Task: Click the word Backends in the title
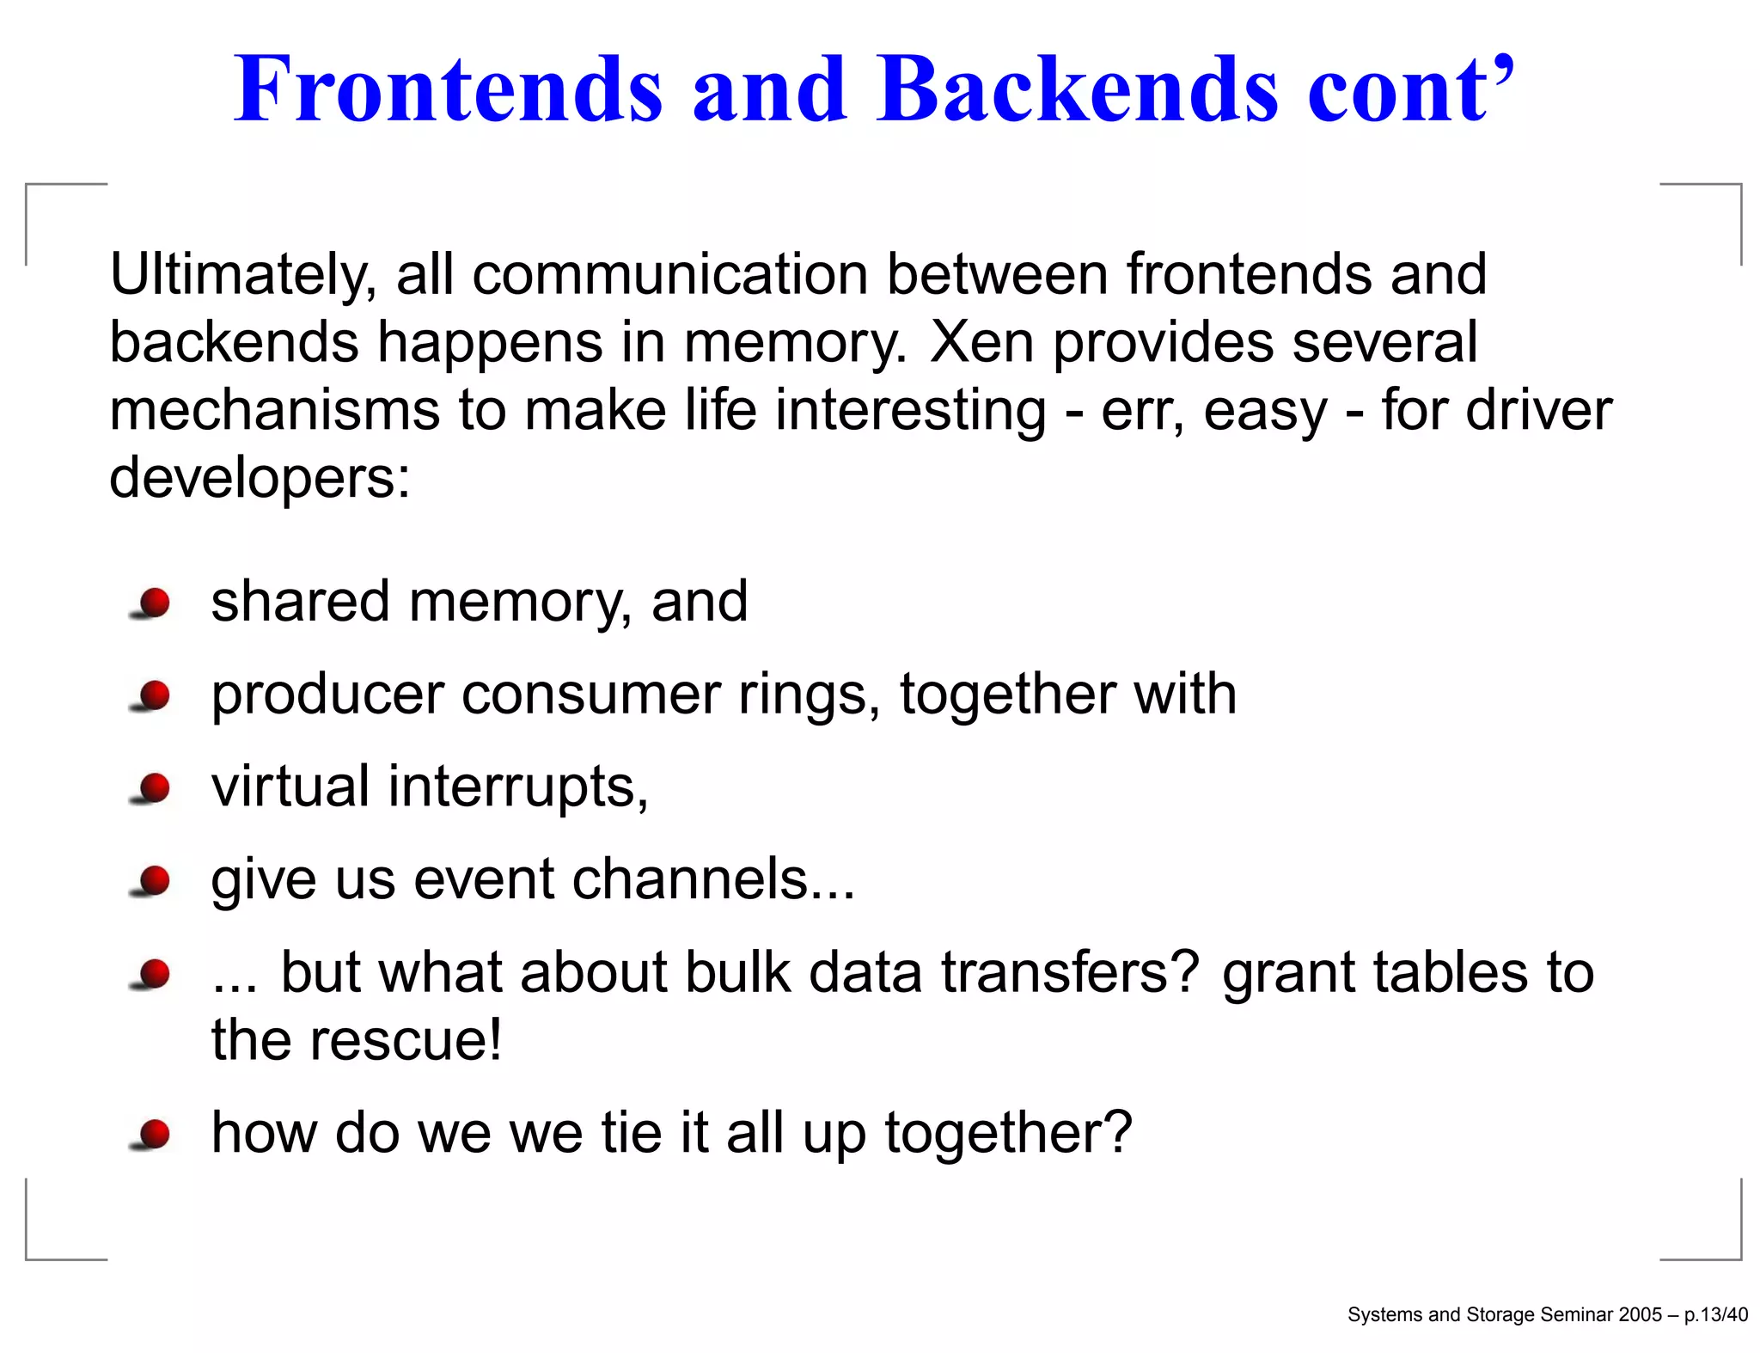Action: [x=1078, y=90]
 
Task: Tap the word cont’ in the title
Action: [x=1409, y=90]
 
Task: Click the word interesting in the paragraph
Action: [x=910, y=410]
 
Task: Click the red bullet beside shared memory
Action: [x=154, y=603]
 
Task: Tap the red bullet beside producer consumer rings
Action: [x=154, y=695]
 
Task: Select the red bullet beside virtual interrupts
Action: [x=154, y=787]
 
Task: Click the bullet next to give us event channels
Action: [x=154, y=880]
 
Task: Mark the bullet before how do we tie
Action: [x=154, y=1134]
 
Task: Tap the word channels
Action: [x=713, y=879]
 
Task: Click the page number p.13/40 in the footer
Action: [x=1715, y=1314]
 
